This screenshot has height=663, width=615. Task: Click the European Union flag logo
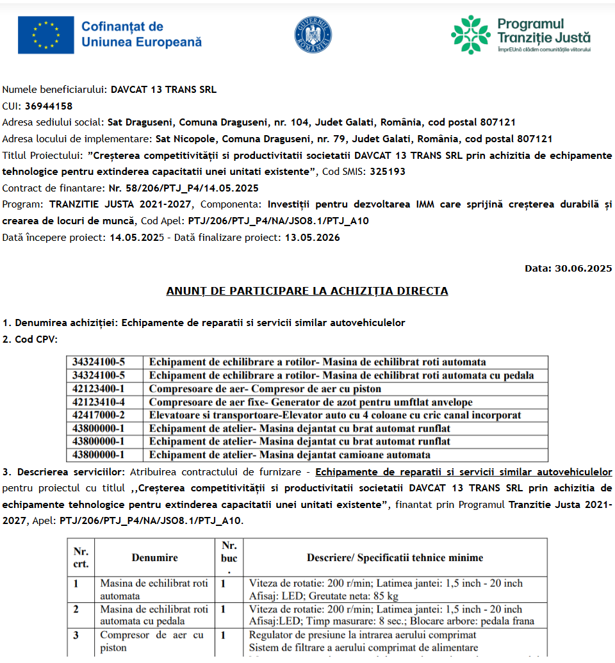pyautogui.click(x=45, y=35)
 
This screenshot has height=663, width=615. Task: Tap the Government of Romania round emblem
pyautogui.click(x=313, y=35)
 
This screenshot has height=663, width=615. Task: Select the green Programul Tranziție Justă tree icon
pyautogui.click(x=470, y=35)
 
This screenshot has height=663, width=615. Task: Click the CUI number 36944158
pyautogui.click(x=49, y=106)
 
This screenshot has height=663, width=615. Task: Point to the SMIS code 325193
pyautogui.click(x=388, y=172)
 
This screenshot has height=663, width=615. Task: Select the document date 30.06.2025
pyautogui.click(x=582, y=268)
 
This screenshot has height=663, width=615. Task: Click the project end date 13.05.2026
pyautogui.click(x=312, y=238)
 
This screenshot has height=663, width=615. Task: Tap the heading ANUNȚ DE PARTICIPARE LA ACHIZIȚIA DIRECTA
pyautogui.click(x=307, y=291)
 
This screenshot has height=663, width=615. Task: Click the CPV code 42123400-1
pyautogui.click(x=98, y=389)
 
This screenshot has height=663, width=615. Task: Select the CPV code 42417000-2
pyautogui.click(x=98, y=415)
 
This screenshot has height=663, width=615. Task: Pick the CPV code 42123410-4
pyautogui.click(x=98, y=402)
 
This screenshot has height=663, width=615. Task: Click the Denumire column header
pyautogui.click(x=154, y=558)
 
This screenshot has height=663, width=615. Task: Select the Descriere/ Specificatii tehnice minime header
pyautogui.click(x=395, y=558)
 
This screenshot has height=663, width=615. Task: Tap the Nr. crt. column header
pyautogui.click(x=81, y=558)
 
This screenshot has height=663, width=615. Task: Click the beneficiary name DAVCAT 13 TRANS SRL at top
pyautogui.click(x=163, y=90)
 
